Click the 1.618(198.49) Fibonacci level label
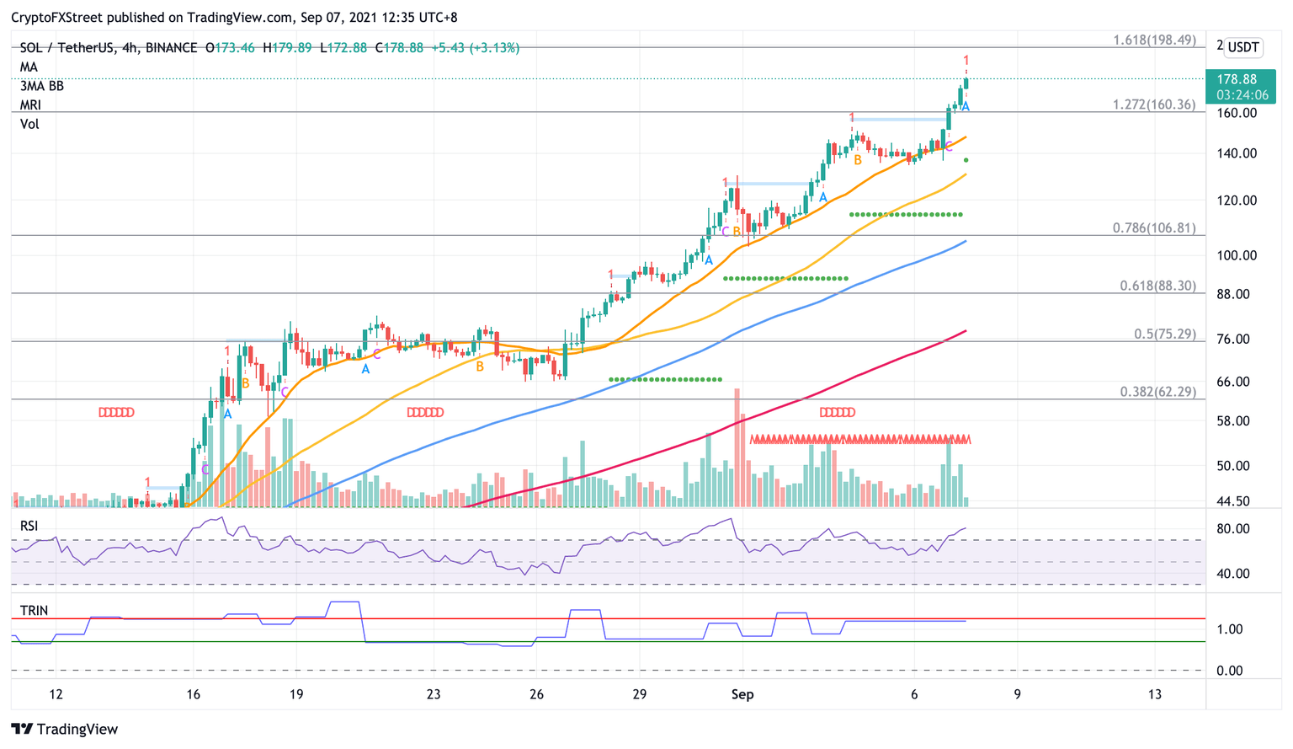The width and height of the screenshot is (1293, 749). coord(1153,40)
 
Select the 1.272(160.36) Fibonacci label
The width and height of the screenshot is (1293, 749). coord(1153,105)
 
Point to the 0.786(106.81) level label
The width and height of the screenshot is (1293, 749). coord(1153,228)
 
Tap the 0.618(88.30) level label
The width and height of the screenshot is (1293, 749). coord(1157,286)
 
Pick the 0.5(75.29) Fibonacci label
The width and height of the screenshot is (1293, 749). coord(1164,334)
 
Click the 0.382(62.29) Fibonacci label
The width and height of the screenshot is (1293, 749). coord(1157,392)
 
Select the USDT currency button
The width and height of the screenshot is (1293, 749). coord(1242,47)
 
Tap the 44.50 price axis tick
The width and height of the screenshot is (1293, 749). coord(1232,501)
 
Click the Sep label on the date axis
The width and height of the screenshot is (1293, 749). coord(742,695)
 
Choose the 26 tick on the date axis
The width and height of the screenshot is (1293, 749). coord(536,695)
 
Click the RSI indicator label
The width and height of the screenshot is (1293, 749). coord(29,526)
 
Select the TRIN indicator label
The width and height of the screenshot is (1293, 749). coord(34,611)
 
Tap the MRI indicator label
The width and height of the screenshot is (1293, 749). coord(30,105)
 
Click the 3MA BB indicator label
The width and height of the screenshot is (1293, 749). coord(42,86)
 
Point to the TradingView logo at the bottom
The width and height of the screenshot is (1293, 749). coord(65,729)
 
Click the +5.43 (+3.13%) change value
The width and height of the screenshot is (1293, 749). coord(475,48)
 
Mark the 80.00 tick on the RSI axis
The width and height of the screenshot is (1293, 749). coord(1232,529)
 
